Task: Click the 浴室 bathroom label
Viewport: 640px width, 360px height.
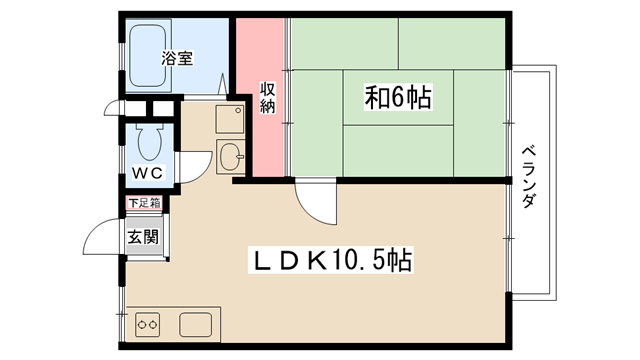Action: pos(177,58)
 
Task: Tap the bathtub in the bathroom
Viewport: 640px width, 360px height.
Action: pos(148,56)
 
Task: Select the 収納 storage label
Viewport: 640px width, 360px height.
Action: pos(268,98)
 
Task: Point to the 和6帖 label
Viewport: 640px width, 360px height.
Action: pos(398,98)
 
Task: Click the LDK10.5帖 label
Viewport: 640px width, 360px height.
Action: pos(331,260)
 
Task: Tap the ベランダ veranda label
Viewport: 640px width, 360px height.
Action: pos(529,176)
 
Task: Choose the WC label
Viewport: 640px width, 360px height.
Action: pos(147,173)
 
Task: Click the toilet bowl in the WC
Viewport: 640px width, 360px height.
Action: pos(149,142)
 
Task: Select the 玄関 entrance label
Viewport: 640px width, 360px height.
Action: pos(143,237)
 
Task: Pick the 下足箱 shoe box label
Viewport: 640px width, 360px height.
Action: pos(144,203)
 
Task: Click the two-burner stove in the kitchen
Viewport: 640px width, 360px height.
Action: pos(147,325)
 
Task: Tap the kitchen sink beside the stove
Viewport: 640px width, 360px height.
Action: pos(196,325)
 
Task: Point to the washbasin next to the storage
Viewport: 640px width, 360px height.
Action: pos(230,157)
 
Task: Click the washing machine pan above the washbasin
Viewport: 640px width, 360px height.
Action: pos(230,119)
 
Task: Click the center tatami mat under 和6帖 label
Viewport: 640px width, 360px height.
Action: pos(398,98)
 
